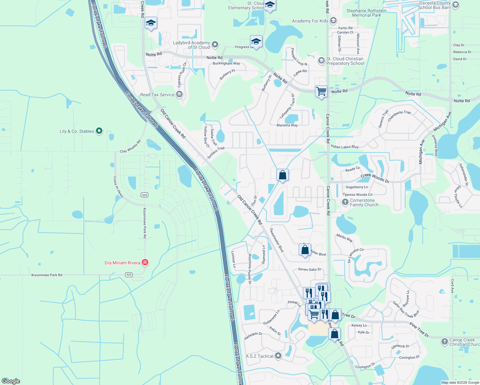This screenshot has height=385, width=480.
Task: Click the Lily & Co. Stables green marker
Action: point(99,131)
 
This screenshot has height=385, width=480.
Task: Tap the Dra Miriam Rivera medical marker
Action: point(145,262)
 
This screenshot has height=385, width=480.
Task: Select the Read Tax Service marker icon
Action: point(179,94)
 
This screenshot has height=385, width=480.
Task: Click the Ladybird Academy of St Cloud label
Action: point(191,45)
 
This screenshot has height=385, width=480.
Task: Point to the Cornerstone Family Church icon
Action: point(345,202)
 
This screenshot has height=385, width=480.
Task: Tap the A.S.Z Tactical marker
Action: point(278,356)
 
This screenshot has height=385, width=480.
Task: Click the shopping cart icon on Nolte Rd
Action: point(321,91)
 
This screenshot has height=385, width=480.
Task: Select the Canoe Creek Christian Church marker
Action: point(444,342)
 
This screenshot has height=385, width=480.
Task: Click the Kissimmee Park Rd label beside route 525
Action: point(47,275)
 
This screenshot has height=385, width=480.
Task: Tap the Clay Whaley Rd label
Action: point(130,146)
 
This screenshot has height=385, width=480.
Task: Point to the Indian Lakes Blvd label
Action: point(344,147)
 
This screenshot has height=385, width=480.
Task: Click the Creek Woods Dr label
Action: point(375,178)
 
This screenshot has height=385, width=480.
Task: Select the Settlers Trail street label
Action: point(216,153)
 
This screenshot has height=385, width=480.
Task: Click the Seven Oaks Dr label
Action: point(309,269)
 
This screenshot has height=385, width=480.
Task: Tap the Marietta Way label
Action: point(287,125)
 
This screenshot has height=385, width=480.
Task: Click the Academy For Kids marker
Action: point(333,21)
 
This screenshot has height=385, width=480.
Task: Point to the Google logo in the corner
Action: point(11,381)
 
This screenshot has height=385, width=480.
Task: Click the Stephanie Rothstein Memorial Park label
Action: point(366,13)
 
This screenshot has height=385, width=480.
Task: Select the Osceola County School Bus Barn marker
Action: point(456,5)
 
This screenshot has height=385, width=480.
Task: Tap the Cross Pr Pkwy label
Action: point(118,187)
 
